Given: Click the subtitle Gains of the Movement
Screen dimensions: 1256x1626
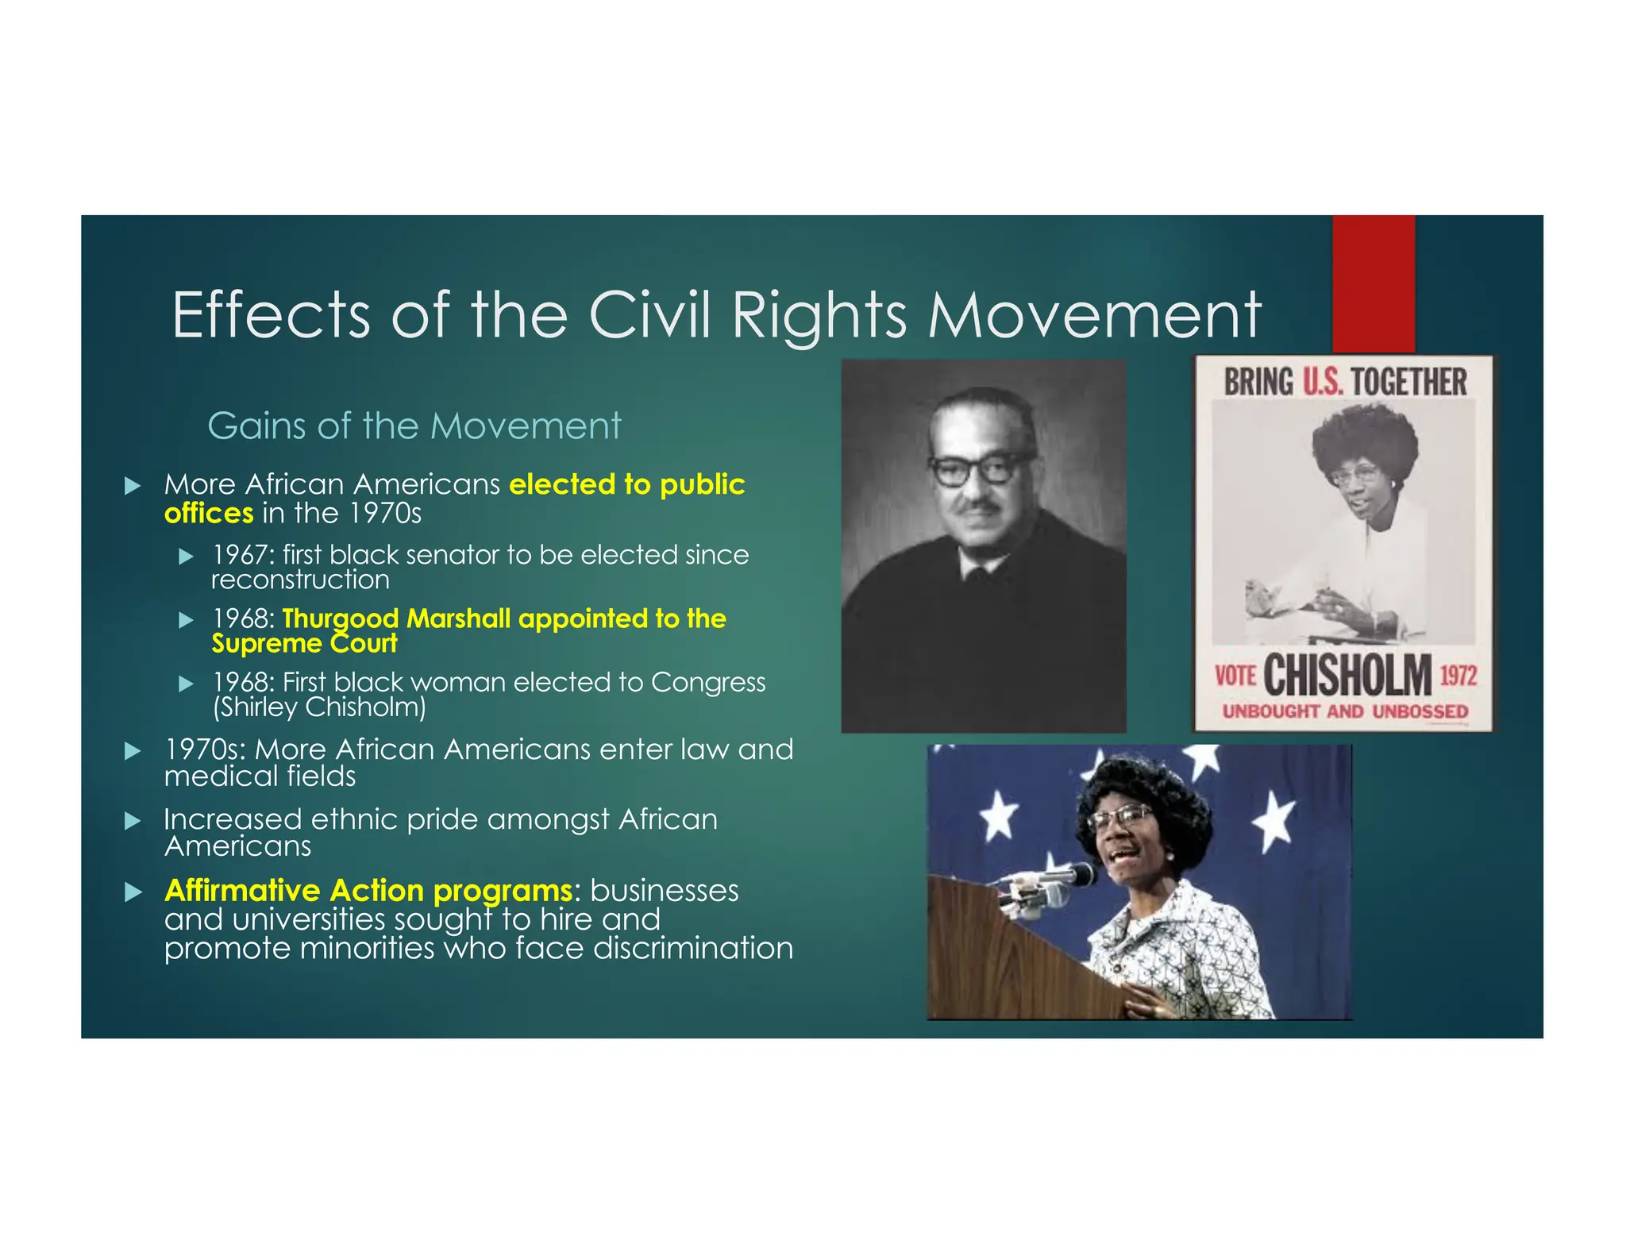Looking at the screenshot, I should [414, 426].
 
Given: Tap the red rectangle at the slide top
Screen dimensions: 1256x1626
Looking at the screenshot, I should [1373, 283].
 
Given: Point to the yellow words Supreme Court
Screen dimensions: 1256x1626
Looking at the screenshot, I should [304, 643].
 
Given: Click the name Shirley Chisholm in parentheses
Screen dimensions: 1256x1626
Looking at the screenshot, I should [319, 707].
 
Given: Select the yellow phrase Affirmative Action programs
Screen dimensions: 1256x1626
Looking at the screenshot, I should [368, 890].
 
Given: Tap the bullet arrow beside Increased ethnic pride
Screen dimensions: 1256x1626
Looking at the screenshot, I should [133, 821].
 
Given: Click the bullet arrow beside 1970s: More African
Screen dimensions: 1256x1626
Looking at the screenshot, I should [133, 751].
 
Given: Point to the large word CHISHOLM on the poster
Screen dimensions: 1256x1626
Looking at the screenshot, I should [1347, 676].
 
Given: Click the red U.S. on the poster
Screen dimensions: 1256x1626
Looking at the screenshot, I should [1322, 382].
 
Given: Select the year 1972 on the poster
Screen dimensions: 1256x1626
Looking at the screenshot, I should [1458, 676].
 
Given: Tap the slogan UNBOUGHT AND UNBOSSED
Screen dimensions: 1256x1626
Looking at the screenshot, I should [1344, 711].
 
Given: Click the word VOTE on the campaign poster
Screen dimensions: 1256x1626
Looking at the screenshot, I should [1235, 676].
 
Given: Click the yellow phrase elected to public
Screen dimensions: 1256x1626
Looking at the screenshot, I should [626, 484].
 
